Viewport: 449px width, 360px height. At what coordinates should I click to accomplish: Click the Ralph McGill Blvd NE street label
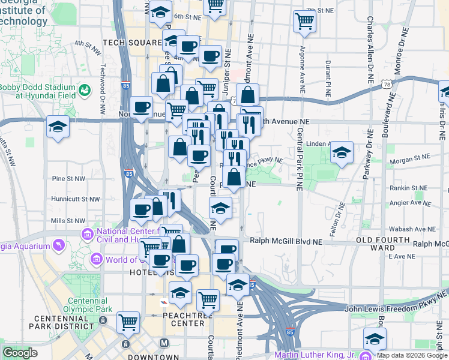coord(286,241)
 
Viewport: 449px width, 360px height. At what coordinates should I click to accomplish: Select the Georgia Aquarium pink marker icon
coord(58,246)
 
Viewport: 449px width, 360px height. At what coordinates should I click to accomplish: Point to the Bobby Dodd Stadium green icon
coord(85,90)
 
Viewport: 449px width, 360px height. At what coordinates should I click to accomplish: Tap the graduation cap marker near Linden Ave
coord(342,152)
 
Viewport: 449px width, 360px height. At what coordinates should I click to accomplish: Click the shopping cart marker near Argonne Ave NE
coord(304,22)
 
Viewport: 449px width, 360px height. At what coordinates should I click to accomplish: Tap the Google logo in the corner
coord(20,353)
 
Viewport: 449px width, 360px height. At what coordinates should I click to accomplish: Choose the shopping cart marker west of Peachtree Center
coord(128,323)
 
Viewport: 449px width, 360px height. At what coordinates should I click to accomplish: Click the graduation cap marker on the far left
coord(58,127)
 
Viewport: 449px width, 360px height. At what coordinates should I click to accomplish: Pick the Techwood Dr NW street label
coord(103,84)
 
